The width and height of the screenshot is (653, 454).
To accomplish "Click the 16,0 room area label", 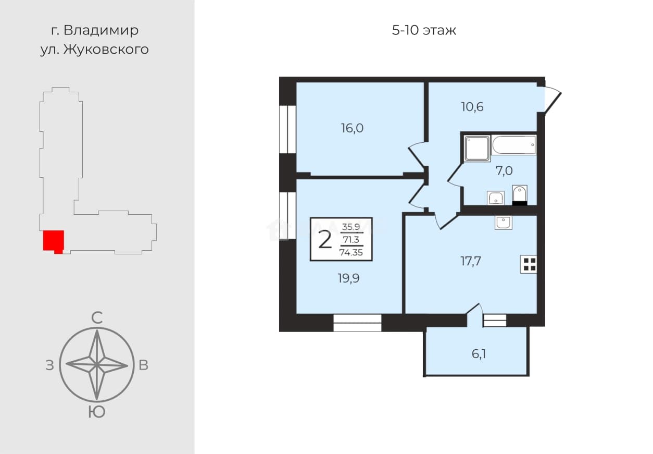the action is pyautogui.click(x=352, y=128).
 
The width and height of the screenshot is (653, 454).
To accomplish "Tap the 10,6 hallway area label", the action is pyautogui.click(x=472, y=107).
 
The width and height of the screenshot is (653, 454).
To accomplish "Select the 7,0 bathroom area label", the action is pyautogui.click(x=504, y=170).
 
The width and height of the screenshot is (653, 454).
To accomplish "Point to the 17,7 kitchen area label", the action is pyautogui.click(x=471, y=261).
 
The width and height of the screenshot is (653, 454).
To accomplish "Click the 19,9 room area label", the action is pyautogui.click(x=349, y=278).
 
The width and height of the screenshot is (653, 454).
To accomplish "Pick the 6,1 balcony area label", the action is pyautogui.click(x=479, y=354).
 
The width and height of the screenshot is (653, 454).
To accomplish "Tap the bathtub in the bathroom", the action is pyautogui.click(x=513, y=145).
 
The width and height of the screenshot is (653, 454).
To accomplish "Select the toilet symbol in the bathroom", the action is pyautogui.click(x=520, y=195).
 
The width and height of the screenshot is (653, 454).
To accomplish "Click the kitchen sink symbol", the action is pyautogui.click(x=504, y=223).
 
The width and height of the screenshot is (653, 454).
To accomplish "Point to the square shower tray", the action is pyautogui.click(x=477, y=149).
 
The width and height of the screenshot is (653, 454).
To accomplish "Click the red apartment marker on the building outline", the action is pyautogui.click(x=54, y=241).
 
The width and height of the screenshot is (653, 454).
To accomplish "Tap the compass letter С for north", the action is pyautogui.click(x=97, y=318).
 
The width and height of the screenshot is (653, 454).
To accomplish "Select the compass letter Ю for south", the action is pyautogui.click(x=97, y=412).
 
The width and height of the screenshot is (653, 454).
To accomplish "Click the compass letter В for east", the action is pyautogui.click(x=143, y=365).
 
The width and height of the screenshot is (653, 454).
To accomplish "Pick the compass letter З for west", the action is pyautogui.click(x=49, y=365).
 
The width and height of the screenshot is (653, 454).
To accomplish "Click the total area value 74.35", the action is pyautogui.click(x=351, y=252).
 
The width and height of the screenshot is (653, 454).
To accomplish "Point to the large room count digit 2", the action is pyautogui.click(x=325, y=240).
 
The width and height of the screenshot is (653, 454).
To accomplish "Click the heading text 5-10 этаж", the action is pyautogui.click(x=424, y=30).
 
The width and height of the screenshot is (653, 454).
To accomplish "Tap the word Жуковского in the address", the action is pyautogui.click(x=106, y=50).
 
